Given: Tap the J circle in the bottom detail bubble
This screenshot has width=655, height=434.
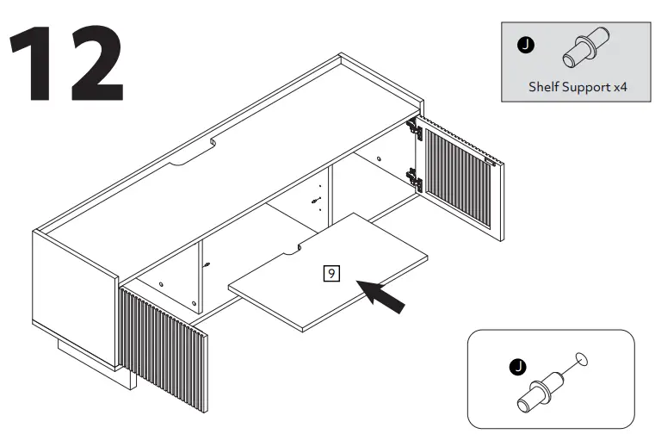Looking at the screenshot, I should coord(517,368).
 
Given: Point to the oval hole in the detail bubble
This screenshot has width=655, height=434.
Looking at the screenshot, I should coord(582,356).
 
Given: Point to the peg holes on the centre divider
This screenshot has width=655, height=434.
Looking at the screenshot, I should coord(317,196).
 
